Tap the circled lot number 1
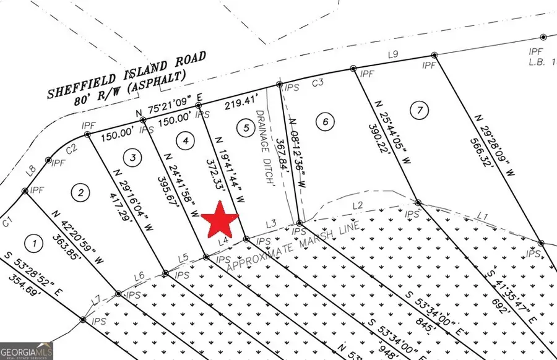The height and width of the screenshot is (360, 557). pyautogui.click(x=35, y=243)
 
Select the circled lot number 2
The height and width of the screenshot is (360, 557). pyautogui.click(x=80, y=192)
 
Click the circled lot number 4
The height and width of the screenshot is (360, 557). pyautogui.click(x=183, y=140)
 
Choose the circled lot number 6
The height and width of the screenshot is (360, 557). pyautogui.click(x=325, y=121)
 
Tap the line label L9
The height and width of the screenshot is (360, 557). pyautogui.click(x=392, y=54)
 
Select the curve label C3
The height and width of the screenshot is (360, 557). pyautogui.click(x=318, y=82)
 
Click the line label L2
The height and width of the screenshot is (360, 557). pyautogui.click(x=357, y=205)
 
